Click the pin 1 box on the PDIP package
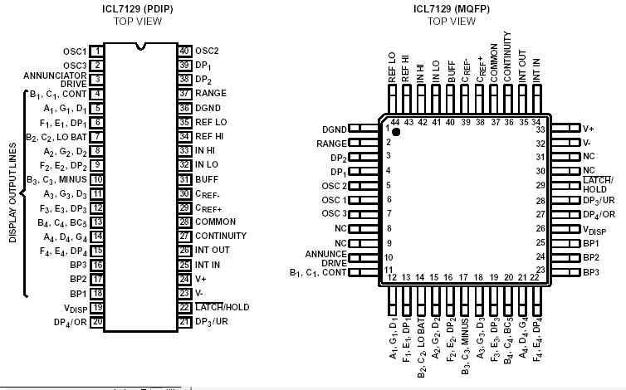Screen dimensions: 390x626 (x=97, y=51)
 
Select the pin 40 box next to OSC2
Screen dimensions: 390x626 (x=185, y=51)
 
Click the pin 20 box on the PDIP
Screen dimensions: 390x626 (x=97, y=321)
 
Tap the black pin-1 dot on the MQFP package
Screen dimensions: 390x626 (x=397, y=132)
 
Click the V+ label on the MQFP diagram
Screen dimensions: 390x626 (x=589, y=129)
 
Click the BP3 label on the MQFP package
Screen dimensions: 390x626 (x=591, y=271)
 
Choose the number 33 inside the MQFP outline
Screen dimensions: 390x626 (x=540, y=129)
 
